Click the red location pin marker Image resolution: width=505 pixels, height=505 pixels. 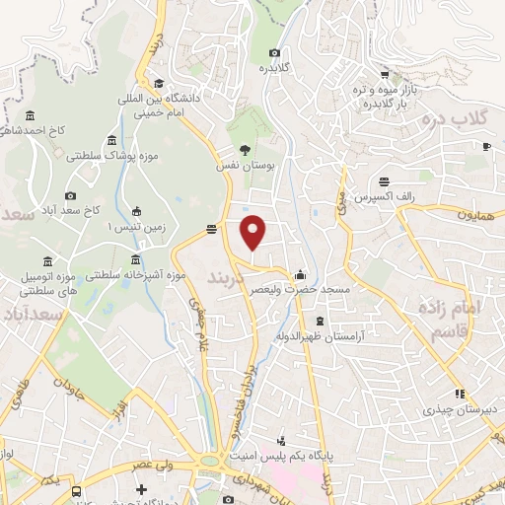(x=254, y=232)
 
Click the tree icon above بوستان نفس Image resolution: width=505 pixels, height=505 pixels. (x=245, y=151)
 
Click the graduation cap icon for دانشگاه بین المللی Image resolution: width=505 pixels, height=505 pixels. (x=159, y=84)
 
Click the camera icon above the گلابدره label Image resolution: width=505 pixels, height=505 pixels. (x=274, y=53)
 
